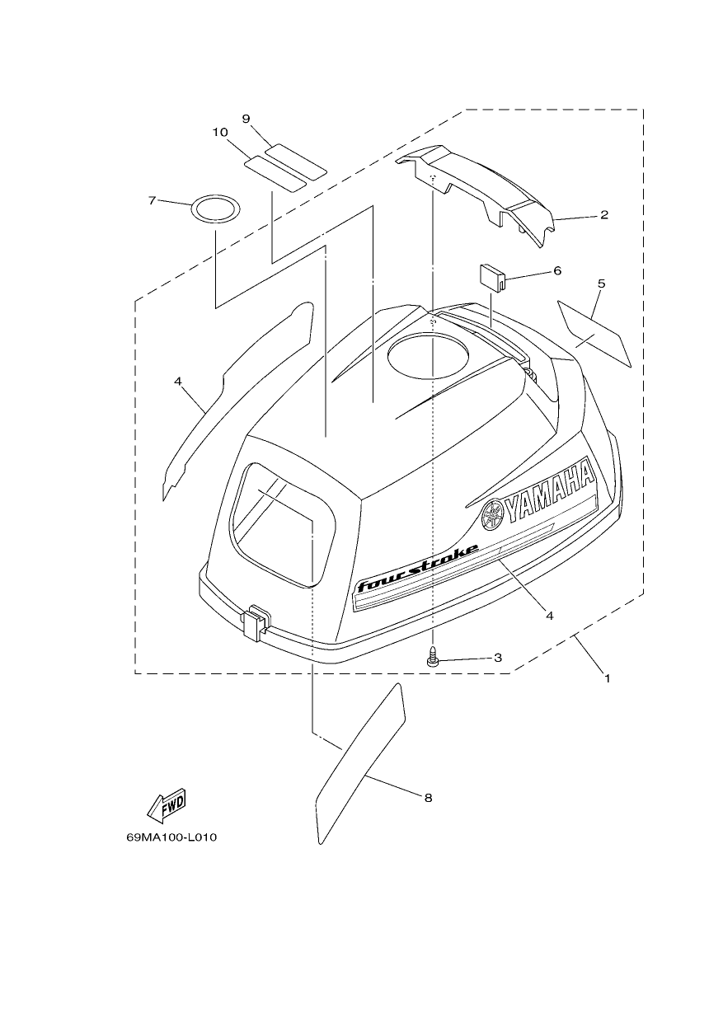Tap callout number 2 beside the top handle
603,214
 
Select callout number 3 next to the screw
498,658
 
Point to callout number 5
601,284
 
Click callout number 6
557,270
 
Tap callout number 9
246,119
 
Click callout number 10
220,133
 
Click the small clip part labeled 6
491,275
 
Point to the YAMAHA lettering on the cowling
550,491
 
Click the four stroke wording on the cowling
418,568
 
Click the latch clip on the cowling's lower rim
257,622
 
